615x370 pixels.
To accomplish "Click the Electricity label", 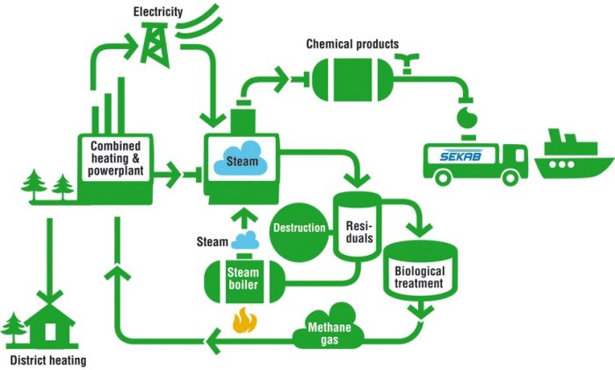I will tap(159, 11).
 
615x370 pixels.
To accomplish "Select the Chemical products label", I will tap(352, 43).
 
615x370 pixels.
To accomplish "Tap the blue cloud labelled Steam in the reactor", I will tap(242, 159).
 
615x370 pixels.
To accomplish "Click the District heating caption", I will tap(48, 360).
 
